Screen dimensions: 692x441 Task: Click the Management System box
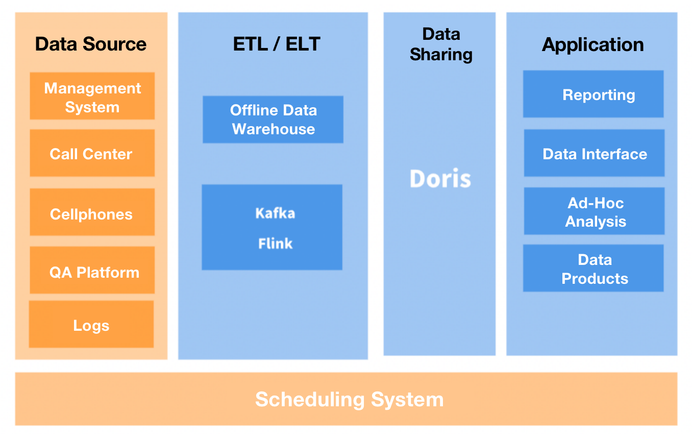pyautogui.click(x=92, y=96)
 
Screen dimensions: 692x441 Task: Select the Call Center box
pyautogui.click(x=92, y=154)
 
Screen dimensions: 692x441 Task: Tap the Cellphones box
pyautogui.click(x=92, y=213)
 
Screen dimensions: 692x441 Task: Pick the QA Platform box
pyautogui.click(x=92, y=271)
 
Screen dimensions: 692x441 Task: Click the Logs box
pyautogui.click(x=91, y=325)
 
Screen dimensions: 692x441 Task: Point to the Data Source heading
pyautogui.click(x=91, y=44)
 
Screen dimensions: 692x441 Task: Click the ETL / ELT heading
pyautogui.click(x=276, y=44)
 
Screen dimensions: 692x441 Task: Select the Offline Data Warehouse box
pyautogui.click(x=273, y=119)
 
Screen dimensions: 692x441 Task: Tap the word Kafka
pyautogui.click(x=275, y=213)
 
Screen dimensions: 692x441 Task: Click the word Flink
pyautogui.click(x=275, y=243)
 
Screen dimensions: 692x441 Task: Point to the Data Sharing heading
pyautogui.click(x=441, y=44)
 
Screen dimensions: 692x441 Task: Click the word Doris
pyautogui.click(x=440, y=178)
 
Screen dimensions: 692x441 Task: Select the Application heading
pyautogui.click(x=592, y=44)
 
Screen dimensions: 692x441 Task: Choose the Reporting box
pyautogui.click(x=594, y=94)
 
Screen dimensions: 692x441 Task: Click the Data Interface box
pyautogui.click(x=595, y=154)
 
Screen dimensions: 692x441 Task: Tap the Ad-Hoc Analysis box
pyautogui.click(x=595, y=212)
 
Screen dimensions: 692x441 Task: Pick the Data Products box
pyautogui.click(x=594, y=269)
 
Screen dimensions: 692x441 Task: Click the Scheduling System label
pyautogui.click(x=349, y=399)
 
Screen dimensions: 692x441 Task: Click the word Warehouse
pyautogui.click(x=274, y=129)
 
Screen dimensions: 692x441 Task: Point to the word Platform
pyautogui.click(x=108, y=272)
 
